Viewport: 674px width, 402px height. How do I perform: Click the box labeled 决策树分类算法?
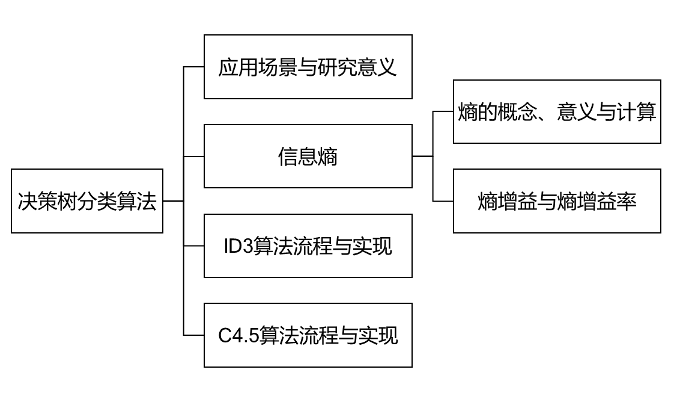tap(87, 201)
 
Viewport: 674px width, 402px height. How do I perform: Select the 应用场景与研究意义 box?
tap(308, 67)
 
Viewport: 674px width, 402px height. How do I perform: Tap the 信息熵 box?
tap(308, 156)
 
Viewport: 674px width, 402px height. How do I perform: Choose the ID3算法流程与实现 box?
tap(308, 246)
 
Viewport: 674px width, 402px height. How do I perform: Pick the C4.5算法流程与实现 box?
tap(308, 335)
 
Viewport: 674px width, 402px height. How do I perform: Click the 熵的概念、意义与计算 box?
tap(557, 112)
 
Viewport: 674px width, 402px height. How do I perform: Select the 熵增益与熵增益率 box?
tap(557, 201)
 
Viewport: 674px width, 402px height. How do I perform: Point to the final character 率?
tap(627, 202)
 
